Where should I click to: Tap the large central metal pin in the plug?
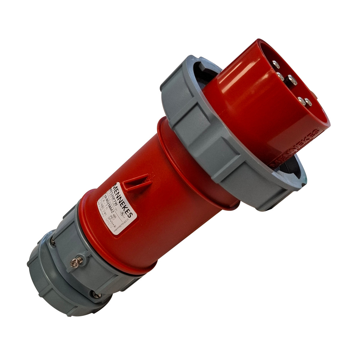click(x=292, y=79)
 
